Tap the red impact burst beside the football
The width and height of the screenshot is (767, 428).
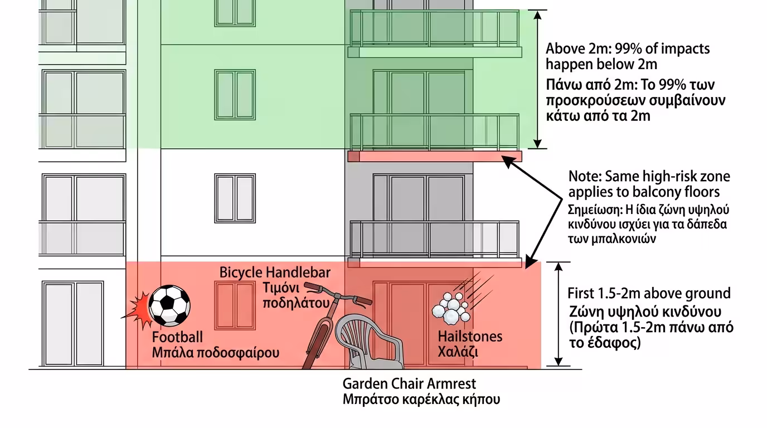139,310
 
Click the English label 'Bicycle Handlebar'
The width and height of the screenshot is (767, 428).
275,273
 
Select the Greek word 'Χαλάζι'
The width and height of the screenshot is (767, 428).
458,352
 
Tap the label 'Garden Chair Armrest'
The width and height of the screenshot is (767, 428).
409,384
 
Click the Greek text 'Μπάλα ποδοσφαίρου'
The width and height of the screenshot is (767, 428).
216,353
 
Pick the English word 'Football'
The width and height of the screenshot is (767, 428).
177,338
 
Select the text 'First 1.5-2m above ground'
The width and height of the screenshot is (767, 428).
649,293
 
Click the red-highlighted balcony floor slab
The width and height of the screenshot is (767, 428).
435,156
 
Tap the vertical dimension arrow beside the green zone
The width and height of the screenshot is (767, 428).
537,79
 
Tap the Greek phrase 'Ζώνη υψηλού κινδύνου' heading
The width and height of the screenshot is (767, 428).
646,311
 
